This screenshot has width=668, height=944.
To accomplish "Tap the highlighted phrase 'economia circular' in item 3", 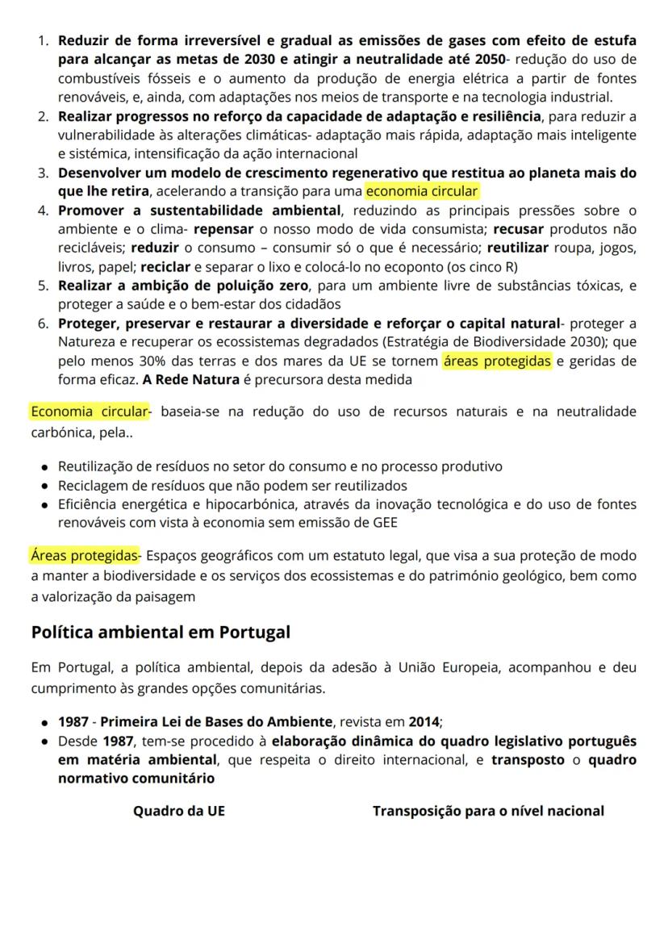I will tap(422, 192).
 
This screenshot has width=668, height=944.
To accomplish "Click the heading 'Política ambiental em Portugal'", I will tap(161, 632).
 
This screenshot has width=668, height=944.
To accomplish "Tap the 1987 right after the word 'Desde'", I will tap(117, 741).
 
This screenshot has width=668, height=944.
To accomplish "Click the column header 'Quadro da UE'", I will tap(178, 811).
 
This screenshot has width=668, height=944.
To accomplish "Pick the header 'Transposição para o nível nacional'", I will tap(488, 811).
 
